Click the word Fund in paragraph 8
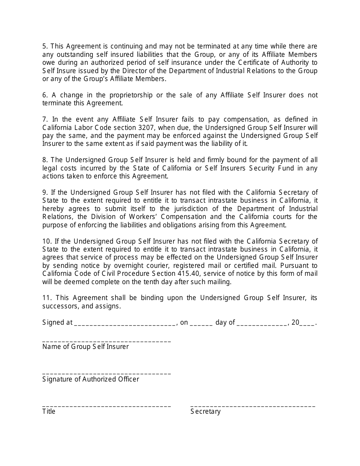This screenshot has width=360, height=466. click(x=283, y=168)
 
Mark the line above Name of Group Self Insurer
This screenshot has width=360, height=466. click(x=106, y=342)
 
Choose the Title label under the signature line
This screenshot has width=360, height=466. click(x=49, y=411)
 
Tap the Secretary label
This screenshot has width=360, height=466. click(x=205, y=411)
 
